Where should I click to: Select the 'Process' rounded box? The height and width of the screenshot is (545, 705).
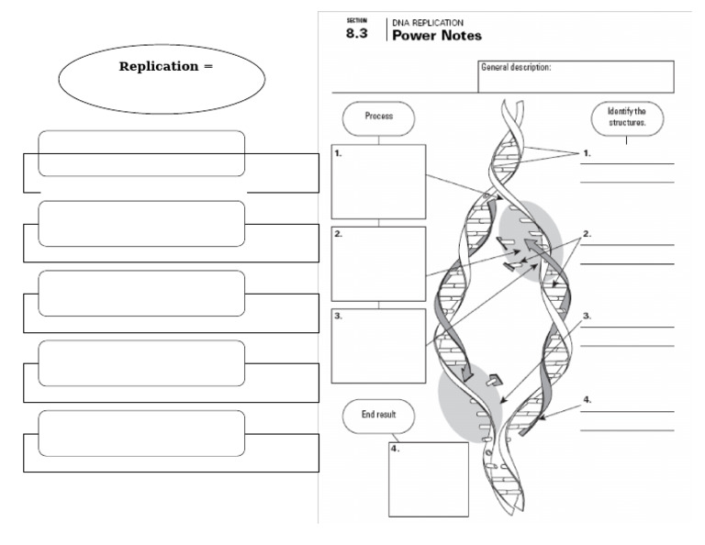coord(378,117)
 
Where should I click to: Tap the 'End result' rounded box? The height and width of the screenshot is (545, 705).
coord(378,415)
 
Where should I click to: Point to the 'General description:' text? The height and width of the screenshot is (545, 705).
coord(516,67)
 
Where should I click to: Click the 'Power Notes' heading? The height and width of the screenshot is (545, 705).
coord(436,36)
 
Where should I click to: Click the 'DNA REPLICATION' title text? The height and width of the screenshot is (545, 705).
coord(428,22)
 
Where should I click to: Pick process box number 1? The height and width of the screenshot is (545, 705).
coord(378,181)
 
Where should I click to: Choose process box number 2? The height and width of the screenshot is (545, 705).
coord(378,263)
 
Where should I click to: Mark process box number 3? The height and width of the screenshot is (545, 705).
coord(378,345)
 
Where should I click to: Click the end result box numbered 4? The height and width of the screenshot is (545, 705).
coord(428,479)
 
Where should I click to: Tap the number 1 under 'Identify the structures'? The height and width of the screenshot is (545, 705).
coord(587,154)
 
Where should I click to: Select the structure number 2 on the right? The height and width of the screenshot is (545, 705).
coord(587,234)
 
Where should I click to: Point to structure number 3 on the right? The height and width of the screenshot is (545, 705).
coord(587,316)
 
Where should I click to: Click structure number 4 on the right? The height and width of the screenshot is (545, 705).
coord(587,400)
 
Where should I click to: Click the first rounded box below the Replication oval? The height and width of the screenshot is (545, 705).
coord(141,153)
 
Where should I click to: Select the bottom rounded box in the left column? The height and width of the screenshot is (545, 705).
coord(141,433)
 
